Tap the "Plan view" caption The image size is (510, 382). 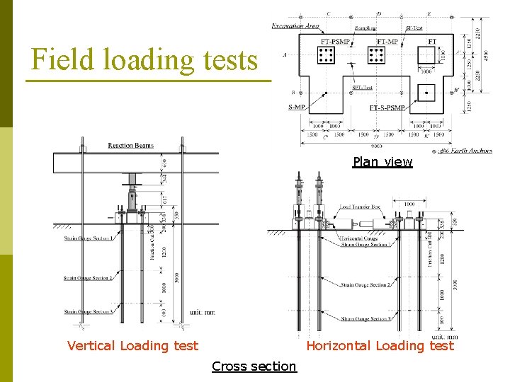click(x=382, y=162)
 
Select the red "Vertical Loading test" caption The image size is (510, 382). click(x=132, y=346)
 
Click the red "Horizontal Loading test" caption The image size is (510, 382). click(x=380, y=346)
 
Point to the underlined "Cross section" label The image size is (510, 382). click(x=254, y=366)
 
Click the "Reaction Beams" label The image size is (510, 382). click(x=130, y=146)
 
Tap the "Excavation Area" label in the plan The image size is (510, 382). click(x=295, y=26)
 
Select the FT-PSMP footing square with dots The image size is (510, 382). click(x=327, y=55)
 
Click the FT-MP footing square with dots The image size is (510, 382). click(x=377, y=55)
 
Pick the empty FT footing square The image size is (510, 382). click(x=427, y=55)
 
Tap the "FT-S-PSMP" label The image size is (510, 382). click(x=387, y=108)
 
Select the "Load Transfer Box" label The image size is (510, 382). click(x=360, y=207)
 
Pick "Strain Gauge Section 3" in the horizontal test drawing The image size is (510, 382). click(x=364, y=319)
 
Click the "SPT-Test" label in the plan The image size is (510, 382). click(x=362, y=88)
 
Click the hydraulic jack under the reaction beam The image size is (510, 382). click(x=132, y=194)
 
